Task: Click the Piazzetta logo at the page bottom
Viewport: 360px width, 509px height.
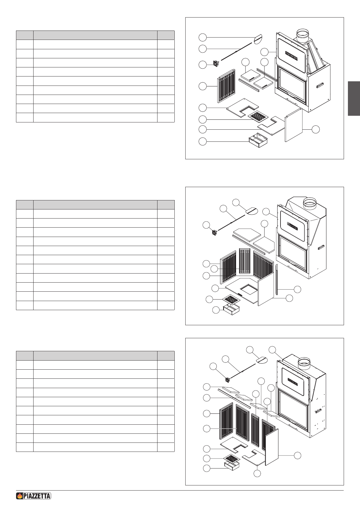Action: point(33,496)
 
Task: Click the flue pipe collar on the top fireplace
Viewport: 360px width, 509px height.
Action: point(303,36)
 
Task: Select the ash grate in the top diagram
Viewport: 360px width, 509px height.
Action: point(258,116)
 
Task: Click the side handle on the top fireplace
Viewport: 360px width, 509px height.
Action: point(320,86)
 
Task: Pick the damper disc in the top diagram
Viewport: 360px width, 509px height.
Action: point(258,38)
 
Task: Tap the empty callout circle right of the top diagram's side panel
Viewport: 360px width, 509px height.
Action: point(316,129)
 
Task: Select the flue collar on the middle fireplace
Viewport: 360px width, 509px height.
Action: point(311,203)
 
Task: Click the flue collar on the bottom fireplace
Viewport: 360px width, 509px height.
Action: point(304,362)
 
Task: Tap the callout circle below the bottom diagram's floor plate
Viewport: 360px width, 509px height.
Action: point(257,473)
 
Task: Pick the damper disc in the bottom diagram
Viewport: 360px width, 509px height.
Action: point(262,360)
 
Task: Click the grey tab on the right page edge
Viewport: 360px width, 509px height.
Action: point(354,99)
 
